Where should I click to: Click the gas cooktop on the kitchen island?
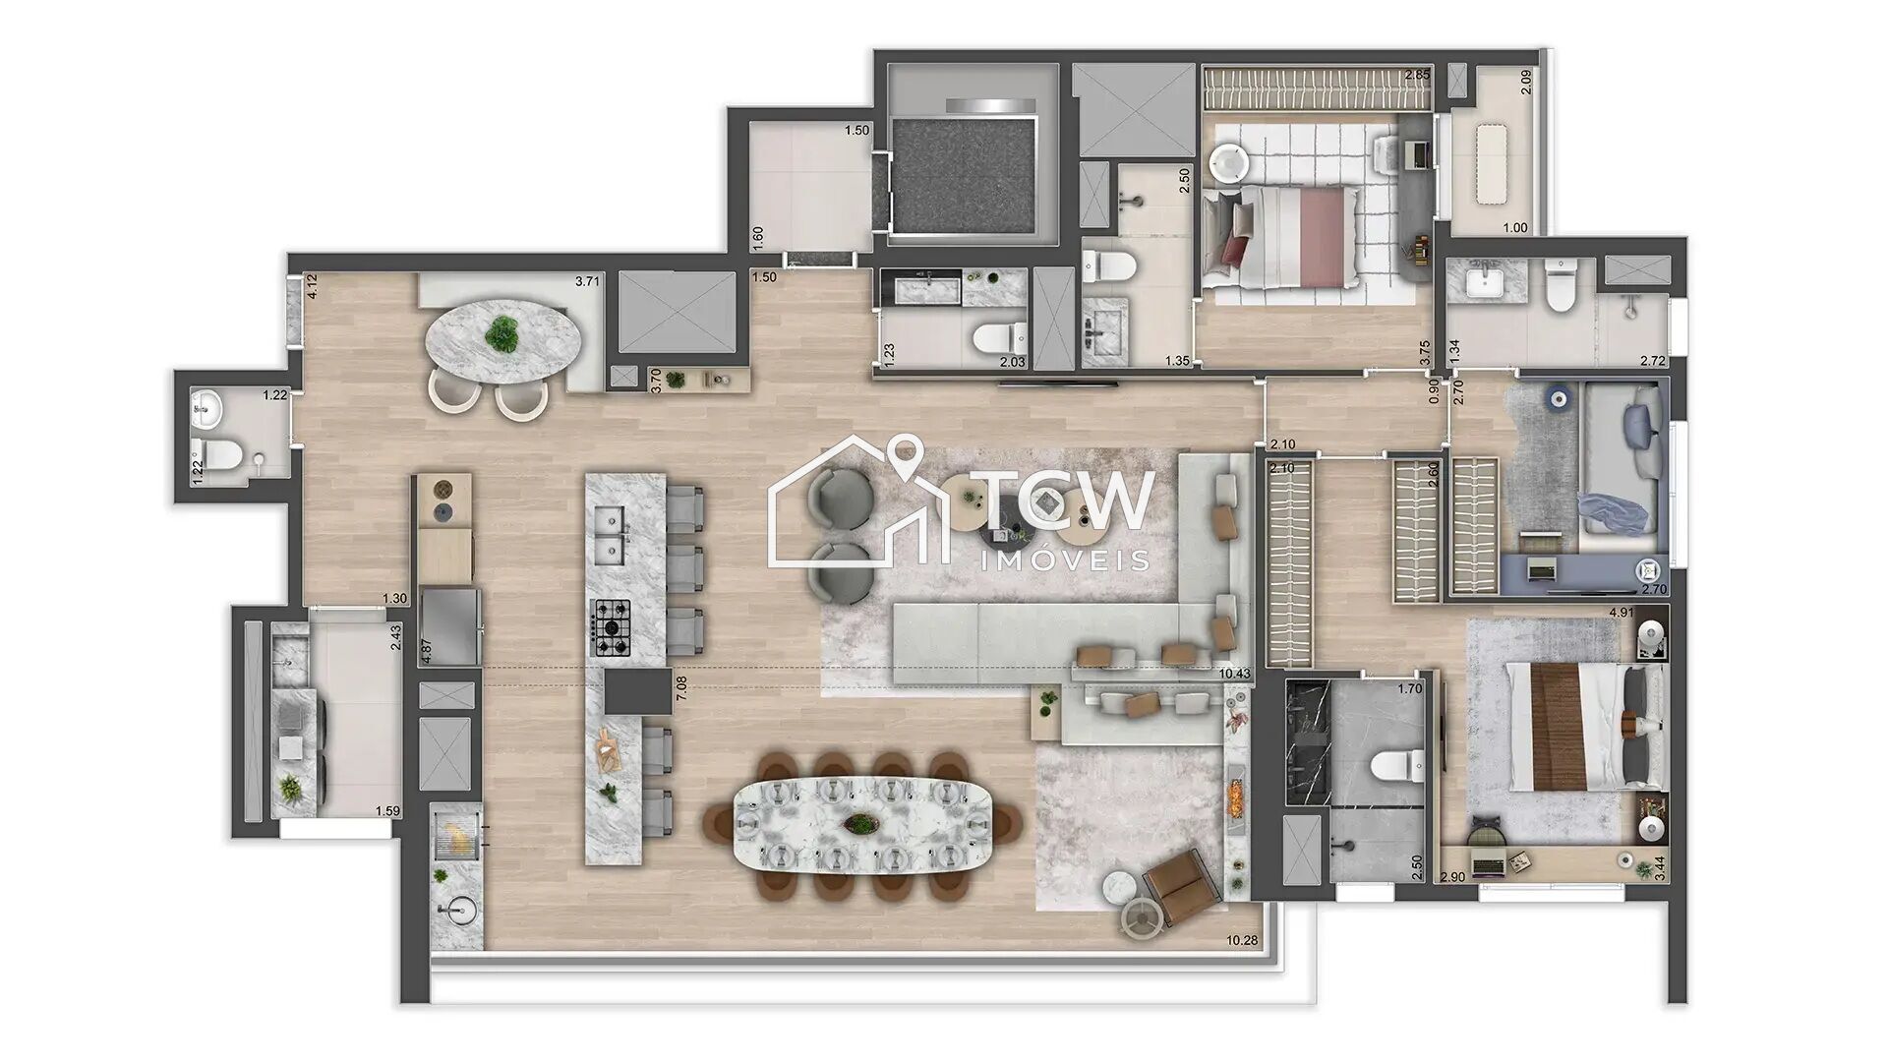coord(611,627)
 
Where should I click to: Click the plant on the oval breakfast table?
coord(503,335)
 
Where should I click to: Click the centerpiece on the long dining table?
coord(862,823)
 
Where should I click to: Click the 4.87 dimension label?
coord(425,654)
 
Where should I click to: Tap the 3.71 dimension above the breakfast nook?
coord(587,281)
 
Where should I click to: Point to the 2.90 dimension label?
coord(1452,876)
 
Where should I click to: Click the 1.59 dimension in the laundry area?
coord(387,811)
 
